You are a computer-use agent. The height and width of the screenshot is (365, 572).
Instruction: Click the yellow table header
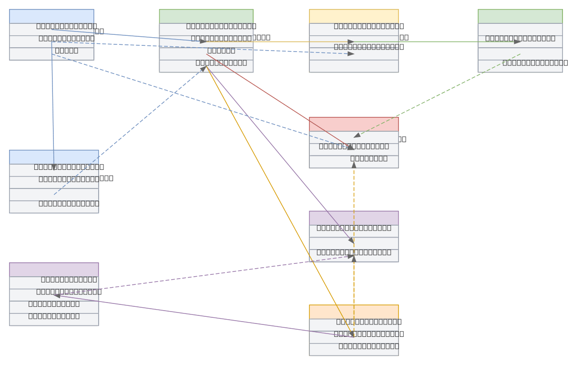(x=354, y=16)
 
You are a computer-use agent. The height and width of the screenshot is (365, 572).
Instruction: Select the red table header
(x=354, y=124)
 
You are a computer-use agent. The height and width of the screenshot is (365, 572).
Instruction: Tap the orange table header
(x=354, y=312)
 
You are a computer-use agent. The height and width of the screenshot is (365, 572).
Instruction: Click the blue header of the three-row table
(x=51, y=16)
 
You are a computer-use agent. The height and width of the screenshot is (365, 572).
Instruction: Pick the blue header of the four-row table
(x=54, y=157)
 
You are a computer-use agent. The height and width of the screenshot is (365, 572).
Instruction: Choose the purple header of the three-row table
(x=354, y=218)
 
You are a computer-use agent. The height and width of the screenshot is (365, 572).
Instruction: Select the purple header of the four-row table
(x=54, y=270)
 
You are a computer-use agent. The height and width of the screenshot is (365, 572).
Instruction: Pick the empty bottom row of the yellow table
(x=354, y=66)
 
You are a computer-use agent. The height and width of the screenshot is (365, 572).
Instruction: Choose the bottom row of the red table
(x=354, y=162)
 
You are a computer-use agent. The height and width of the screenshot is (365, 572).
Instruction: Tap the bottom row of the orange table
(x=354, y=349)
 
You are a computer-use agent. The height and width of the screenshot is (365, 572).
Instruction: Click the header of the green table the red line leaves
(x=206, y=16)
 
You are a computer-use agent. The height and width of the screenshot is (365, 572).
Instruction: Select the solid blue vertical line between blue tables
(x=53, y=105)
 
